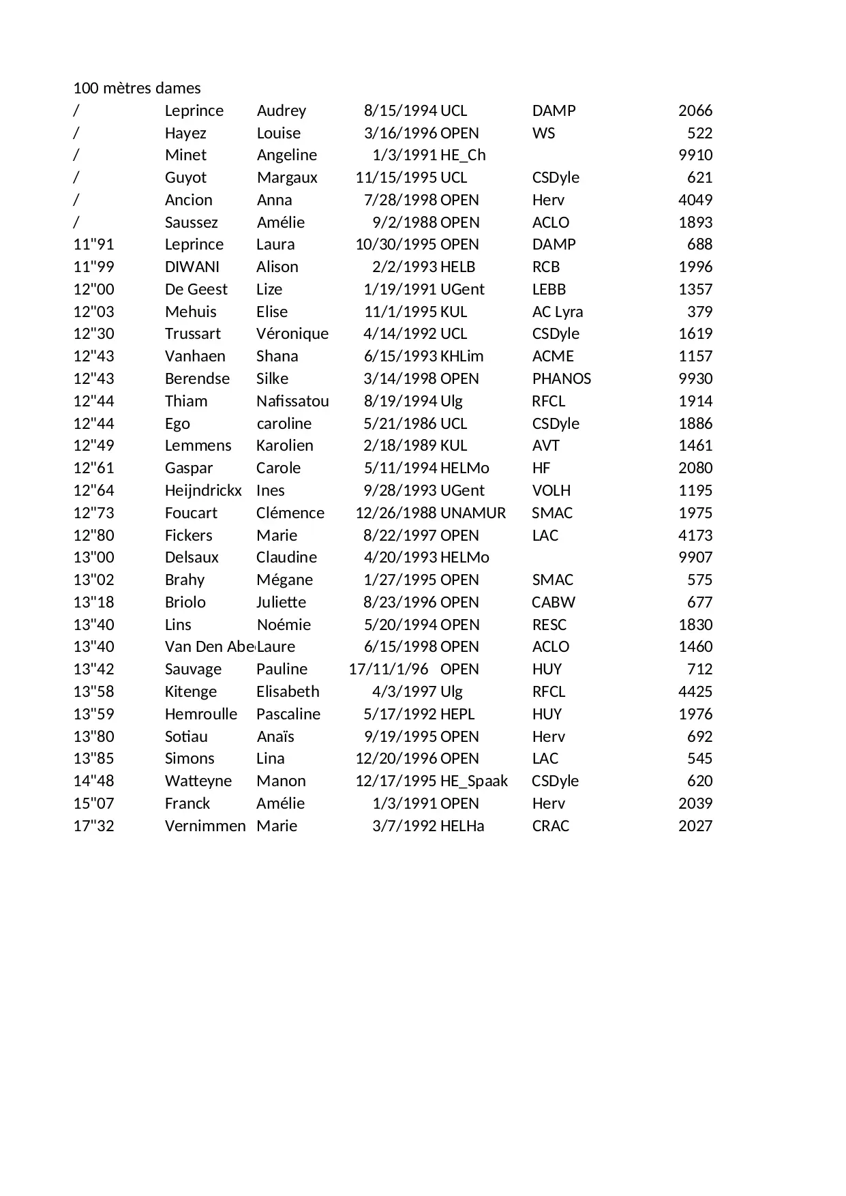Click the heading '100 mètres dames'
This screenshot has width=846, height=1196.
[x=136, y=88]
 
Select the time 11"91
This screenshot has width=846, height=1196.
[x=93, y=244]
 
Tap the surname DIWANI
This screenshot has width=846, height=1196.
[x=192, y=267]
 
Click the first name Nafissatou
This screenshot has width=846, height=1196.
[x=292, y=401]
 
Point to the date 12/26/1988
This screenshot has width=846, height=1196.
[x=395, y=513]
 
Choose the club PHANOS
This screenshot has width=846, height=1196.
[x=561, y=378]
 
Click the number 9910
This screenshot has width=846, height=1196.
[x=695, y=155]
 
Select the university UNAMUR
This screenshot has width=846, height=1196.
[x=473, y=513]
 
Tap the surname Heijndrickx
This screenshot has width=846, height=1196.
[x=203, y=490]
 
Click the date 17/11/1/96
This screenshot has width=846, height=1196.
[x=389, y=669]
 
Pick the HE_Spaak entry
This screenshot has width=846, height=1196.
[x=474, y=781]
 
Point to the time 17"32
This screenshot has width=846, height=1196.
[x=93, y=826]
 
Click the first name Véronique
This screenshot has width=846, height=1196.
[x=292, y=333]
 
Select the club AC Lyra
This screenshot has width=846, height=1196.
[x=557, y=312]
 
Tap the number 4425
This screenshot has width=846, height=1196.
[x=695, y=691]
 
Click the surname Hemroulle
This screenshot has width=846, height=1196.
[x=201, y=714]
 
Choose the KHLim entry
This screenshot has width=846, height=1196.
[x=462, y=356]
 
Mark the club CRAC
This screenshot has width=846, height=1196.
[x=550, y=826]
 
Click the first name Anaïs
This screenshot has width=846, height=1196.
[x=275, y=736]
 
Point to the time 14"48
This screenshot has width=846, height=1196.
[x=93, y=781]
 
